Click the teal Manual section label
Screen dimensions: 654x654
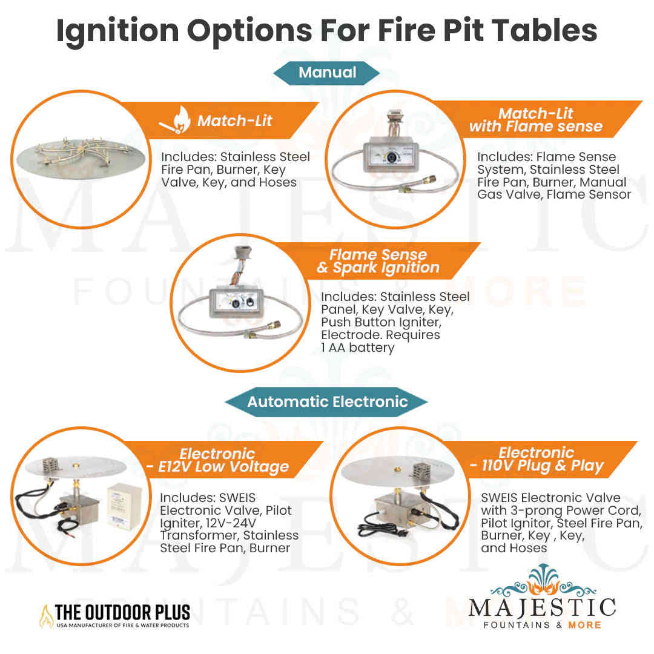[327, 73]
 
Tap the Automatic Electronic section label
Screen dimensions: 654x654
[327, 401]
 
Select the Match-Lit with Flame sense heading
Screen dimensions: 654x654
[535, 120]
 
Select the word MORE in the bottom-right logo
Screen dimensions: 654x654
[584, 624]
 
